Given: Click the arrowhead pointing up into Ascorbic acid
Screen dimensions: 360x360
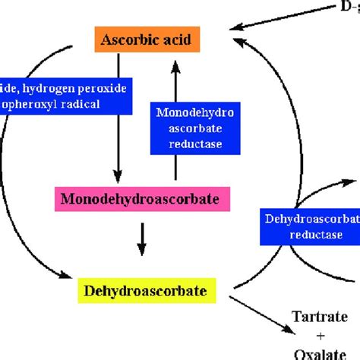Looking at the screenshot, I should click(176, 67).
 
